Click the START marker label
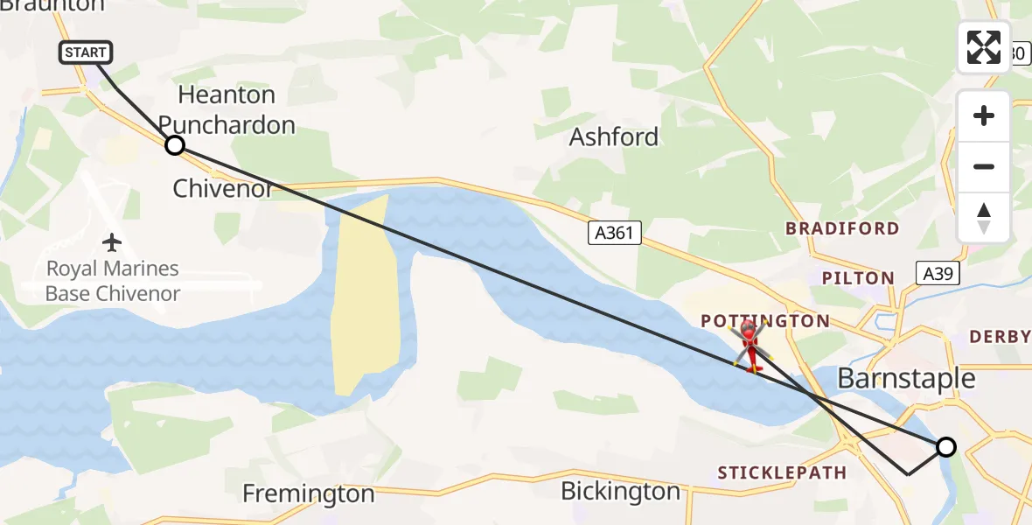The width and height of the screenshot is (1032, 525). [86, 52]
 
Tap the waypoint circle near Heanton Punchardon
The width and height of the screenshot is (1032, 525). [175, 145]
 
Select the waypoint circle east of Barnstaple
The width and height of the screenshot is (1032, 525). [945, 447]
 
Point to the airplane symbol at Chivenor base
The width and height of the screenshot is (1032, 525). [112, 241]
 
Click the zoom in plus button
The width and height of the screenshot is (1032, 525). [984, 115]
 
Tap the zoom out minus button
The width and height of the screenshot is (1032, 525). [984, 166]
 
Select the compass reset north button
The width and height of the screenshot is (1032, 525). [984, 218]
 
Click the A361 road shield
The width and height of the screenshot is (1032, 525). [614, 232]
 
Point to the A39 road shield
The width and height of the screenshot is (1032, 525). [938, 273]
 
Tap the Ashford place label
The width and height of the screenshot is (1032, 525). [614, 137]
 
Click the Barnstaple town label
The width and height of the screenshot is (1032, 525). [906, 378]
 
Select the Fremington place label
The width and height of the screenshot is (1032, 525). [308, 493]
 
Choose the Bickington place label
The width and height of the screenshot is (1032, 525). [620, 491]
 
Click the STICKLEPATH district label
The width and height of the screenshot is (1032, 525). [782, 472]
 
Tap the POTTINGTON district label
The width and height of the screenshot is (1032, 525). [765, 321]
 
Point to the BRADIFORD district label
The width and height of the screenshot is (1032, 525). [842, 228]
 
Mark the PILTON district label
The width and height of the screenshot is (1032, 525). [858, 278]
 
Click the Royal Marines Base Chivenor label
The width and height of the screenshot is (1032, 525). [112, 281]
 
